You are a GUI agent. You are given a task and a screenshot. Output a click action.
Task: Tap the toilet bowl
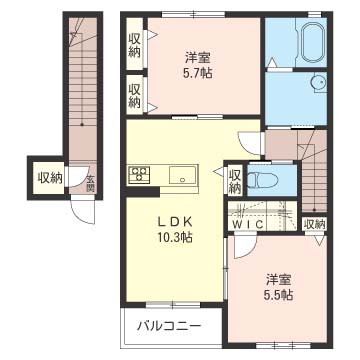[263, 181]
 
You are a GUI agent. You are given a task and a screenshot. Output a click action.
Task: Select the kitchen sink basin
[183, 174]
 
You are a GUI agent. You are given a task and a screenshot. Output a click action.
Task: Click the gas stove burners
[139, 175]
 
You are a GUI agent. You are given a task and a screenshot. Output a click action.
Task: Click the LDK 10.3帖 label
[175, 229]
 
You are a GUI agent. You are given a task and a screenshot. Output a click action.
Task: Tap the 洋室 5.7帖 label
[198, 65]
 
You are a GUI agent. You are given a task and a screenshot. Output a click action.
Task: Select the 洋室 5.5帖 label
[279, 287]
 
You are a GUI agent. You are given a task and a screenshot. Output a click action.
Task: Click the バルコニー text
[170, 325]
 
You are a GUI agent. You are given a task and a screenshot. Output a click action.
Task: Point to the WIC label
[247, 224]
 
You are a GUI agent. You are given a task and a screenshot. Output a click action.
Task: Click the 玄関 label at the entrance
[90, 184]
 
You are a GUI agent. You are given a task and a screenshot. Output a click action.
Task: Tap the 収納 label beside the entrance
[49, 178]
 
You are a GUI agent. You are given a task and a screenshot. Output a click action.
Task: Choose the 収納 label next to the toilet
[235, 182]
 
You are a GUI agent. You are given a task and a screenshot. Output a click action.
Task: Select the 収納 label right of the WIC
[315, 224]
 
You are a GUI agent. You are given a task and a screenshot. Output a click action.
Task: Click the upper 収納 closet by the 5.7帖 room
[134, 45]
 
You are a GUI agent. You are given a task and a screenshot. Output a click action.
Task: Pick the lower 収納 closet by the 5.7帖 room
[134, 96]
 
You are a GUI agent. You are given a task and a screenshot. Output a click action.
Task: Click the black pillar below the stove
[143, 192]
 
